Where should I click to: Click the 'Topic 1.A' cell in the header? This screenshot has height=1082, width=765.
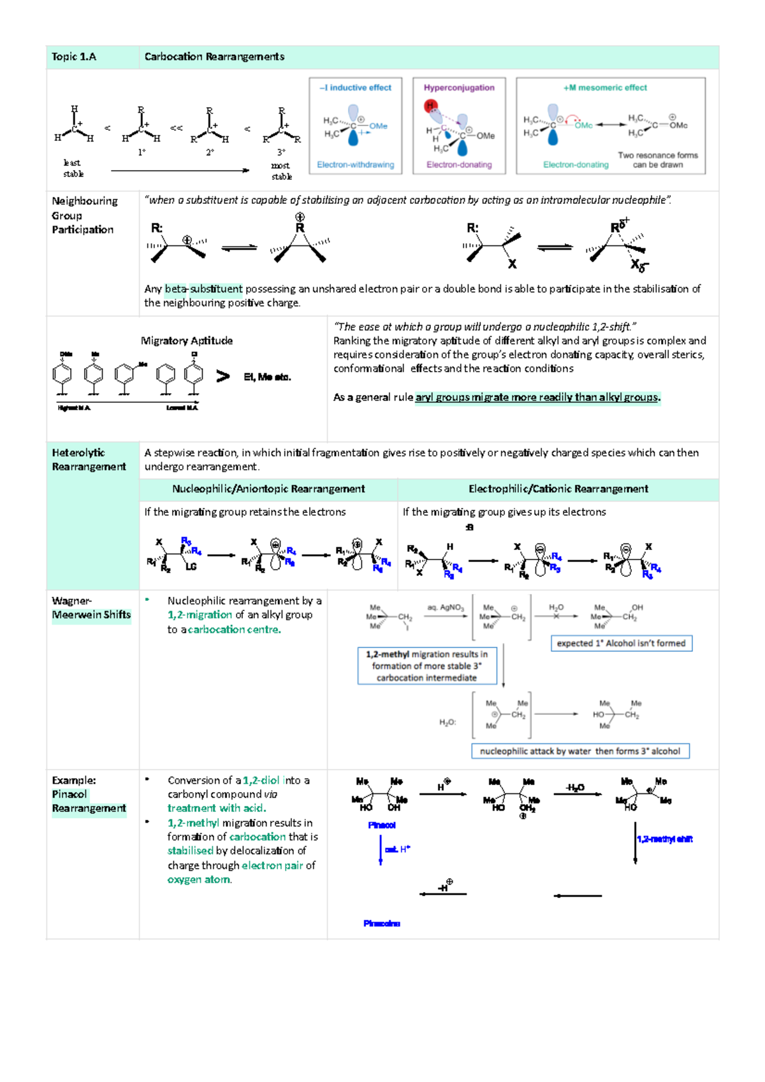(74, 57)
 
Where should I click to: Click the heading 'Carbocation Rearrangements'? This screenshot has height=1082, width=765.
(214, 57)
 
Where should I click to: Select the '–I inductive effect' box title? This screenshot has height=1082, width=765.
(356, 88)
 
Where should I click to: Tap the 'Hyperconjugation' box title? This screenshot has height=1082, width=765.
(459, 88)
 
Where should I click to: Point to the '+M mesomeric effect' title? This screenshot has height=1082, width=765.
(605, 88)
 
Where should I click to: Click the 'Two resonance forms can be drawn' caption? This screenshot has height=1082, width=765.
(657, 160)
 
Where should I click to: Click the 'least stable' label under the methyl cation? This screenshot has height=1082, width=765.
(73, 168)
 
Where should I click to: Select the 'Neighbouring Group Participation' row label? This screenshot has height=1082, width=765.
(84, 215)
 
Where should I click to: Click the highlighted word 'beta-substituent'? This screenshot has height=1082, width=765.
(203, 289)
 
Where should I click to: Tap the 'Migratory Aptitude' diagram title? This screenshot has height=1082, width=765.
(187, 341)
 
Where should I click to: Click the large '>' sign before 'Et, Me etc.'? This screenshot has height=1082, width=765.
(222, 377)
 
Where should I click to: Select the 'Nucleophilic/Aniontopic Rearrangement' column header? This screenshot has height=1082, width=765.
(268, 489)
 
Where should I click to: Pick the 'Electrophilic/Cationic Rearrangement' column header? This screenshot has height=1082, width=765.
(558, 489)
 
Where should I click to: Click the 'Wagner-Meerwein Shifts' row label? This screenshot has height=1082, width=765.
(91, 608)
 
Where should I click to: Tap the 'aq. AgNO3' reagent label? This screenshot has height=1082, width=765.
(445, 608)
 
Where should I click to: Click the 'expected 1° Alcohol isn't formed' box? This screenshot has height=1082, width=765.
(621, 644)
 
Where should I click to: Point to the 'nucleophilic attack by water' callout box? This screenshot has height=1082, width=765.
(579, 751)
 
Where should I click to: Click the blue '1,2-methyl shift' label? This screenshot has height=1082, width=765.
(665, 839)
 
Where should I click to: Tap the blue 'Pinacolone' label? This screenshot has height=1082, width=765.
(382, 923)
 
